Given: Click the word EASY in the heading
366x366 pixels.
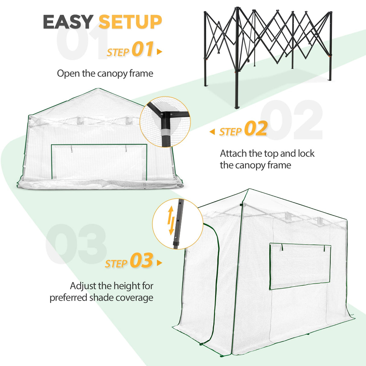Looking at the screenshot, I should pyautogui.click(x=68, y=22).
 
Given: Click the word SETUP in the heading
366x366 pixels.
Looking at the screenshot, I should pyautogui.click(x=130, y=22).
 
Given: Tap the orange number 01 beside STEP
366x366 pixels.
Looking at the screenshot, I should pyautogui.click(x=143, y=49).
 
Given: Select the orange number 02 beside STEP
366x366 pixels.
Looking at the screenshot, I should pyautogui.click(x=256, y=129).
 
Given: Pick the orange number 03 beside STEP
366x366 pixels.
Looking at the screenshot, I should pyautogui.click(x=141, y=261).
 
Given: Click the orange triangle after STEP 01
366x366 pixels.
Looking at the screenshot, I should pyautogui.click(x=159, y=52).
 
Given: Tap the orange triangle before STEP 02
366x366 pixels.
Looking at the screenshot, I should pyautogui.click(x=212, y=132).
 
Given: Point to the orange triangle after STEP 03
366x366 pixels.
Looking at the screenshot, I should pyautogui.click(x=159, y=263).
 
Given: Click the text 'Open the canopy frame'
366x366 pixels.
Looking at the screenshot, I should pyautogui.click(x=105, y=74).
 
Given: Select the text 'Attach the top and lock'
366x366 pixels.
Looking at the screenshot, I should pyautogui.click(x=267, y=153).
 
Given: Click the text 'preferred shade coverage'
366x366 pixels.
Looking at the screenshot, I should pyautogui.click(x=101, y=298).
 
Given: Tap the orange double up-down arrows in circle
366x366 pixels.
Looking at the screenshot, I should pyautogui.click(x=171, y=220).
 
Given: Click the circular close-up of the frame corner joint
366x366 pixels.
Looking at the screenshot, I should pyautogui.click(x=165, y=122).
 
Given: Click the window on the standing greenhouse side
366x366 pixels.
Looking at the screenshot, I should pyautogui.click(x=300, y=266).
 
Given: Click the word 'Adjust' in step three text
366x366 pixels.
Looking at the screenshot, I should pyautogui.click(x=83, y=286).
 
